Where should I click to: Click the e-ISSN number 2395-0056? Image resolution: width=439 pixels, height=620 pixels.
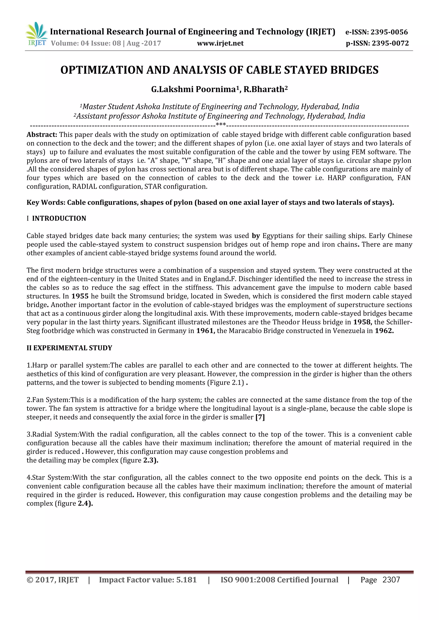click(x=389, y=32)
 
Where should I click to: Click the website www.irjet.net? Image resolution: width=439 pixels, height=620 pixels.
click(x=220, y=43)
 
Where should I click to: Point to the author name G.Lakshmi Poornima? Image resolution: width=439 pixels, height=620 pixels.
click(x=193, y=89)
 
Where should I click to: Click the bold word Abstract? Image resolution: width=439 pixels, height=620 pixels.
click(x=42, y=134)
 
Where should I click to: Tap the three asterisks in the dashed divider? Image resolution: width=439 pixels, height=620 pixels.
click(x=221, y=125)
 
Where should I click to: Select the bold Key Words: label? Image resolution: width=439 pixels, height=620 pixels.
click(x=46, y=203)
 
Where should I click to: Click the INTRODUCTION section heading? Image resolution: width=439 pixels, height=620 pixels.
click(x=59, y=218)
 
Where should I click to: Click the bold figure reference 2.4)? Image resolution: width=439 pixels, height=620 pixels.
click(x=85, y=503)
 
